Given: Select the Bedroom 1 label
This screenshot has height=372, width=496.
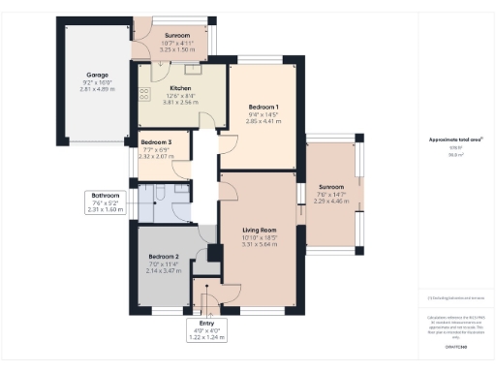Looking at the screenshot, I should (x=263, y=107).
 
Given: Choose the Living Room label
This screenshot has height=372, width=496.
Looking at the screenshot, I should (x=259, y=230).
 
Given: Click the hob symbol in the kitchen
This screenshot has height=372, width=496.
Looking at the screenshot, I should (x=145, y=95).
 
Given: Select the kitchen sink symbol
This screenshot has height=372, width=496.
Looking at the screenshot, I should (x=193, y=68).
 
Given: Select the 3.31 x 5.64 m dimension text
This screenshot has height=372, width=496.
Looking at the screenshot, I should (x=259, y=245).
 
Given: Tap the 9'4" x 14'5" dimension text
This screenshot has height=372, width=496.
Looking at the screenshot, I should (x=263, y=115).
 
